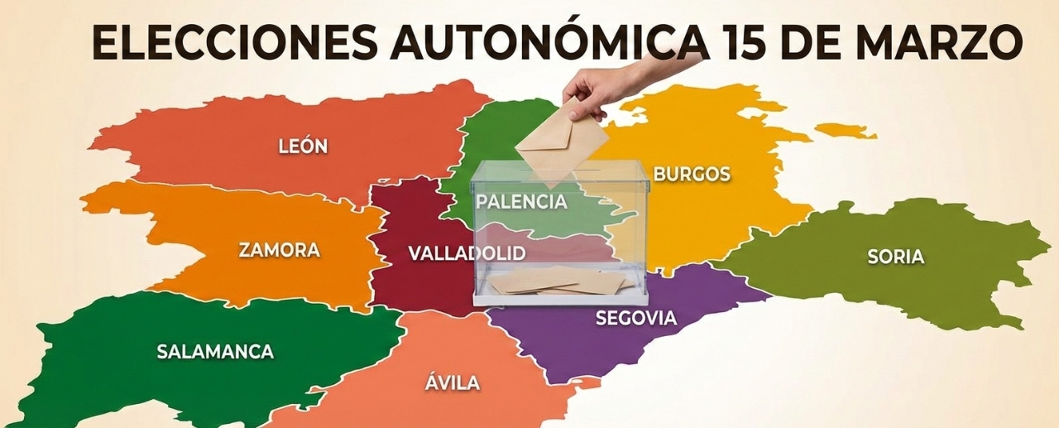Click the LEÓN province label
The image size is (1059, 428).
tap(303, 147)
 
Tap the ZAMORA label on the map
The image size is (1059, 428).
tap(279, 250)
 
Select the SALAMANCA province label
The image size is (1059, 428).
tap(215, 351)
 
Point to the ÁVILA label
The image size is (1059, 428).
tap(453, 382)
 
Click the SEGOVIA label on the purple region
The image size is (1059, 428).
tap(635, 318)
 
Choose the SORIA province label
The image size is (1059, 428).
tap(895, 257)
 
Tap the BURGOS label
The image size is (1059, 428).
tap(692, 174)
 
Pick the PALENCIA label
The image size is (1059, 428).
tap(521, 202)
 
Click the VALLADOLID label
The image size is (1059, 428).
tap(467, 253)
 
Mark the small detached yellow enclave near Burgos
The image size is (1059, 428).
tap(844, 131)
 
